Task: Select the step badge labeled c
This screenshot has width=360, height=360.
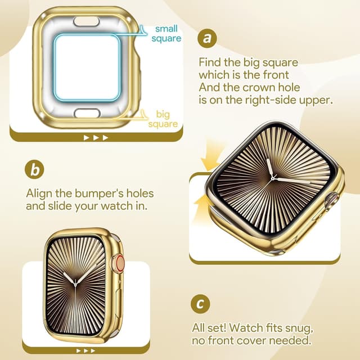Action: pos(200,304)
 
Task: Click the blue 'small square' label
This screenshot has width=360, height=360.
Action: pos(166,33)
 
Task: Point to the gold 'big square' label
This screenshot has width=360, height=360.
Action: pos(163,119)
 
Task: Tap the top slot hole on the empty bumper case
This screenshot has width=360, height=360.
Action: pos(87,21)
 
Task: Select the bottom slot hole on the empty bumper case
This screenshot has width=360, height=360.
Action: pos(87,113)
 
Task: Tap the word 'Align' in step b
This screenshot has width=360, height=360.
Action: pos(40,193)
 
